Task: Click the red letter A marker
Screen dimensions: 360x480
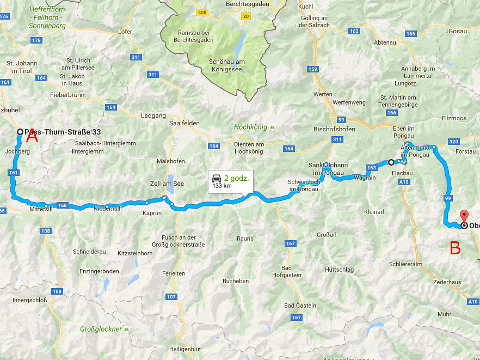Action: (32, 137)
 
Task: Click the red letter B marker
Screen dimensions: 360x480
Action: (455, 248)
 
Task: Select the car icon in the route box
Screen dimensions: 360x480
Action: (216, 178)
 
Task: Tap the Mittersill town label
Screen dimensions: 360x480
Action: (41, 209)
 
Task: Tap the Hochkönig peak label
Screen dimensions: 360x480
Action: (251, 127)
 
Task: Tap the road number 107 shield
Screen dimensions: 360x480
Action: (171, 297)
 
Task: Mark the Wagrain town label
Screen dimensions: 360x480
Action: (364, 178)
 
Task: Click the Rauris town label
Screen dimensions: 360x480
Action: (245, 238)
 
